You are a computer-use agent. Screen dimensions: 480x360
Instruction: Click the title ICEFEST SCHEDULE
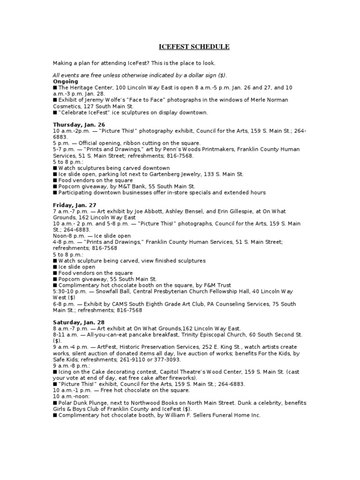click(193, 47)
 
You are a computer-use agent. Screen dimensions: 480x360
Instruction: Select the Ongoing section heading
click(65, 81)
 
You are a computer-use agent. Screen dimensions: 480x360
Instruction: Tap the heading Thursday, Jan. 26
click(79, 124)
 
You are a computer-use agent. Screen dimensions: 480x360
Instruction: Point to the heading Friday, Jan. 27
click(75, 205)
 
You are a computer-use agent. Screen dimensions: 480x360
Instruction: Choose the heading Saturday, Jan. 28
click(79, 322)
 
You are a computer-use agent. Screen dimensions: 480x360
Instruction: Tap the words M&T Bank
click(126, 186)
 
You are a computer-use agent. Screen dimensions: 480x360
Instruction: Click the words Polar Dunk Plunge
click(82, 403)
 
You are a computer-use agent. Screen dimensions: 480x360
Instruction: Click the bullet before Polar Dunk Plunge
click(55, 403)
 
